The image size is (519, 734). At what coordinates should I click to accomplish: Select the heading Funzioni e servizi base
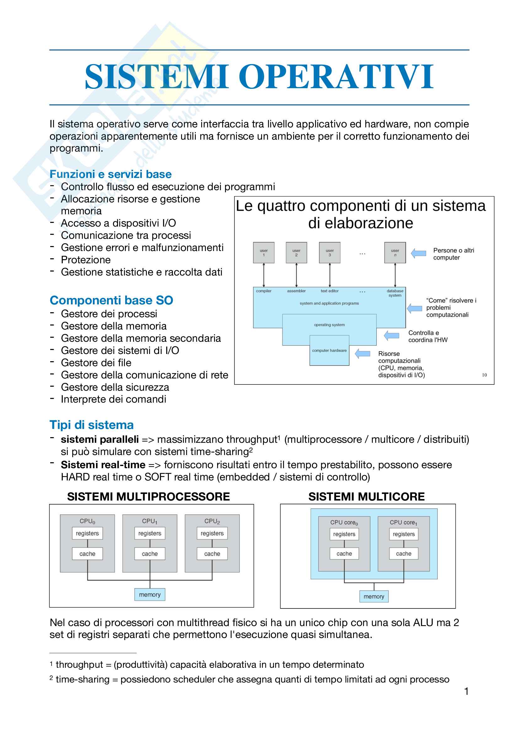tap(110, 174)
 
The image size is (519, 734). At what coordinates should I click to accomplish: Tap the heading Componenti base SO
tap(111, 300)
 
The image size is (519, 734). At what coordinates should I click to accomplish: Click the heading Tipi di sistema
tap(91, 425)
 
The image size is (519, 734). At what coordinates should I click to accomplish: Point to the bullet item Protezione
tap(86, 260)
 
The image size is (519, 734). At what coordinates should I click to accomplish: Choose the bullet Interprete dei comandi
tap(114, 399)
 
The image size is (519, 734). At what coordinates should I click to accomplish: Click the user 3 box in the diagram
tap(329, 253)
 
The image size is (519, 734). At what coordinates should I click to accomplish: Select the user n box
tap(395, 253)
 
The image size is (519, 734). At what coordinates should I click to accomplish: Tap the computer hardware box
tap(329, 351)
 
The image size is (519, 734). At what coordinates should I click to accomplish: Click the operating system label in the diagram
tap(329, 325)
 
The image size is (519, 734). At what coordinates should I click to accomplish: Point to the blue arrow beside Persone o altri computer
tap(418, 253)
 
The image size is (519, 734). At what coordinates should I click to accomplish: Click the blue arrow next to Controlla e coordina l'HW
tap(392, 335)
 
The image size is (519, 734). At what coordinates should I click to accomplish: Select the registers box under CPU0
tap(87, 533)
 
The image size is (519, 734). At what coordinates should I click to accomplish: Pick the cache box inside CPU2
tap(212, 554)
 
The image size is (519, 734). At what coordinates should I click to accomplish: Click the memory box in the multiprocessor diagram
tap(150, 595)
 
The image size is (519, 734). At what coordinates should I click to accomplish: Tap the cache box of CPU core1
tap(404, 553)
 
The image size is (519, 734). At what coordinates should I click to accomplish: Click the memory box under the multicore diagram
tap(374, 597)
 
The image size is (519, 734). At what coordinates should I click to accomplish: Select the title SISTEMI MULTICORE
tap(367, 496)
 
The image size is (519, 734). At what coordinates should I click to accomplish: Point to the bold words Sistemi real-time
tap(103, 464)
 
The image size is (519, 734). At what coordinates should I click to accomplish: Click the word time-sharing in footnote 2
tap(83, 679)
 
